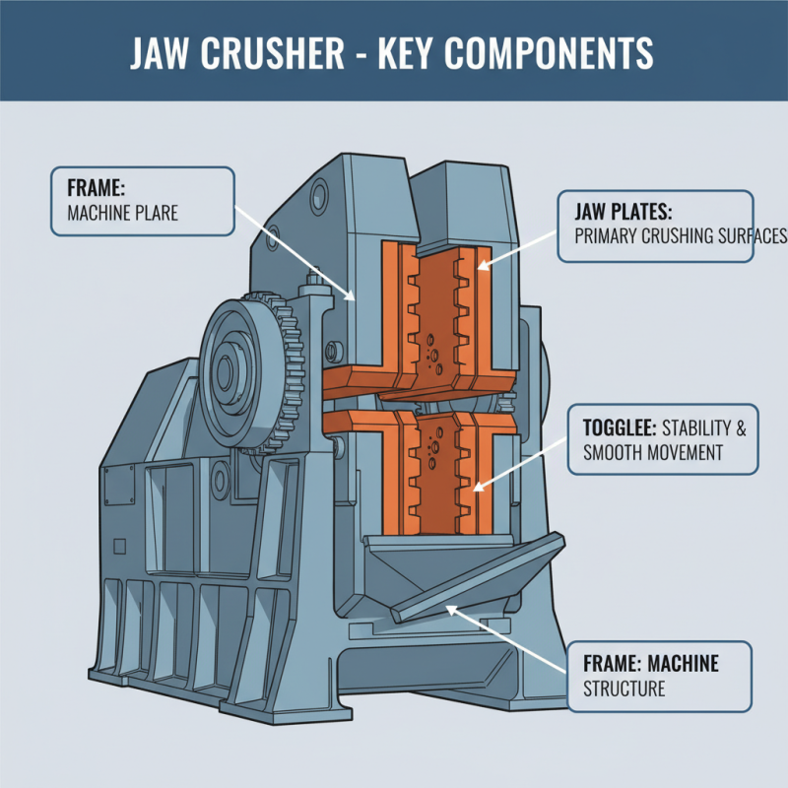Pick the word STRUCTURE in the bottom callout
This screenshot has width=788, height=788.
pos(625,689)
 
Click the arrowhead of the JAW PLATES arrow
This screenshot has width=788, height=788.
pos(482,265)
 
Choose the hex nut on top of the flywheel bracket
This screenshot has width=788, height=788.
pos(312,284)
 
